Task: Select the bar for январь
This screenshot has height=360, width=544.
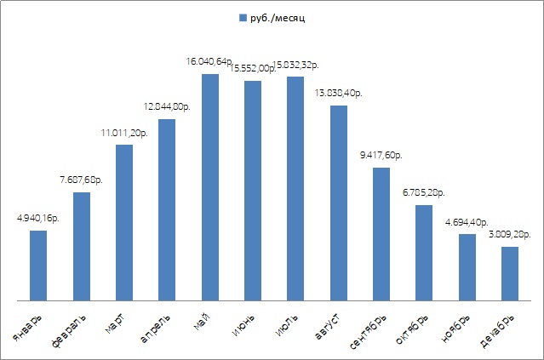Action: point(38,266)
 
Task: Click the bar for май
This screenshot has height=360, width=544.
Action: point(210,187)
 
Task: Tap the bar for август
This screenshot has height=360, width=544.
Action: point(339,203)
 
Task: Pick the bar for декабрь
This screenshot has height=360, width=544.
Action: point(510,274)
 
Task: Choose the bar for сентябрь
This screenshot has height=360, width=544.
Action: point(381,234)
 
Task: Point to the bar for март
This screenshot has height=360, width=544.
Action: point(124,223)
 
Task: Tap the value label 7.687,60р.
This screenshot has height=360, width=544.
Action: point(82,180)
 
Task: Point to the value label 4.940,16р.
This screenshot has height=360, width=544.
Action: point(37,218)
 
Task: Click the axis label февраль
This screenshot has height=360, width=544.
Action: point(72,328)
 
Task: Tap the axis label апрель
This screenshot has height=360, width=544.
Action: point(157,328)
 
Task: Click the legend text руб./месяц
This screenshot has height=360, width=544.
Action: point(278,18)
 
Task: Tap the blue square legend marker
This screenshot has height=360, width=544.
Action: point(243,18)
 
